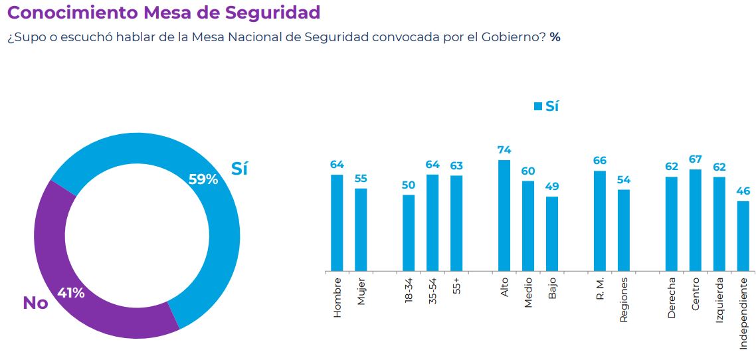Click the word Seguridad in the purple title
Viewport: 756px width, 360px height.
pos(269,12)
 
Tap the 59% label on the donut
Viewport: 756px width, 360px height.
pos(203,179)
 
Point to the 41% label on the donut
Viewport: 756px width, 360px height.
pos(70,293)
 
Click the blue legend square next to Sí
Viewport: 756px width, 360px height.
pos(538,106)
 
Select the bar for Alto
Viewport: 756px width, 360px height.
pos(504,215)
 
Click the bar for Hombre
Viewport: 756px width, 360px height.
pos(337,223)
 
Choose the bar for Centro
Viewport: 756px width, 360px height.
pos(696,220)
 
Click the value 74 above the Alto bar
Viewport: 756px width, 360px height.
pos(504,150)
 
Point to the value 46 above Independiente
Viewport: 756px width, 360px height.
pos(743,191)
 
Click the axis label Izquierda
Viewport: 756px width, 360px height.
pos(719,298)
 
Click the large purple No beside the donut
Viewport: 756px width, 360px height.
pos(35,303)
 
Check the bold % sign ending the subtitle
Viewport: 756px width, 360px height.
pos(555,37)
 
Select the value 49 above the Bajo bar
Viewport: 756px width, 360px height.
pos(552,187)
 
